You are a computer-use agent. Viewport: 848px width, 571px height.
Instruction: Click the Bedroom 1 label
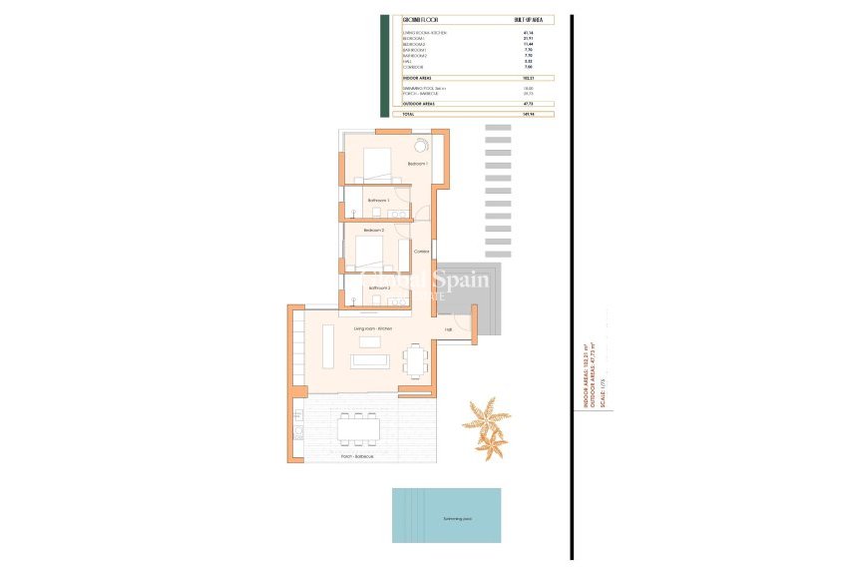point(417,164)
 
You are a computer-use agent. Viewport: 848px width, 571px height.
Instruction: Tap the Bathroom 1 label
point(378,201)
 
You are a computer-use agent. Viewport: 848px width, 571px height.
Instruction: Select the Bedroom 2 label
point(374,231)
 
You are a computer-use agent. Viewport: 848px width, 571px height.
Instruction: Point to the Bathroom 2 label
point(379,288)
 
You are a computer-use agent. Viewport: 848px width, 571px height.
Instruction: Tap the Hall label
point(449,329)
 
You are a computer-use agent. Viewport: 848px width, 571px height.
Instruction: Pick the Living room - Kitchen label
point(372,328)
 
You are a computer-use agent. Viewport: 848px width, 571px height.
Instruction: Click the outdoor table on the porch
point(358,430)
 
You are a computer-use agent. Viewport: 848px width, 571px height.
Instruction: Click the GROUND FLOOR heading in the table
point(418,19)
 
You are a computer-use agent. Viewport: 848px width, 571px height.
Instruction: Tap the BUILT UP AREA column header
point(528,19)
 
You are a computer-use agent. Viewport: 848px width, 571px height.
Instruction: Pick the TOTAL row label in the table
point(408,115)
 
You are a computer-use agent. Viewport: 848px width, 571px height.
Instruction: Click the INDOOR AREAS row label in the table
point(418,77)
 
